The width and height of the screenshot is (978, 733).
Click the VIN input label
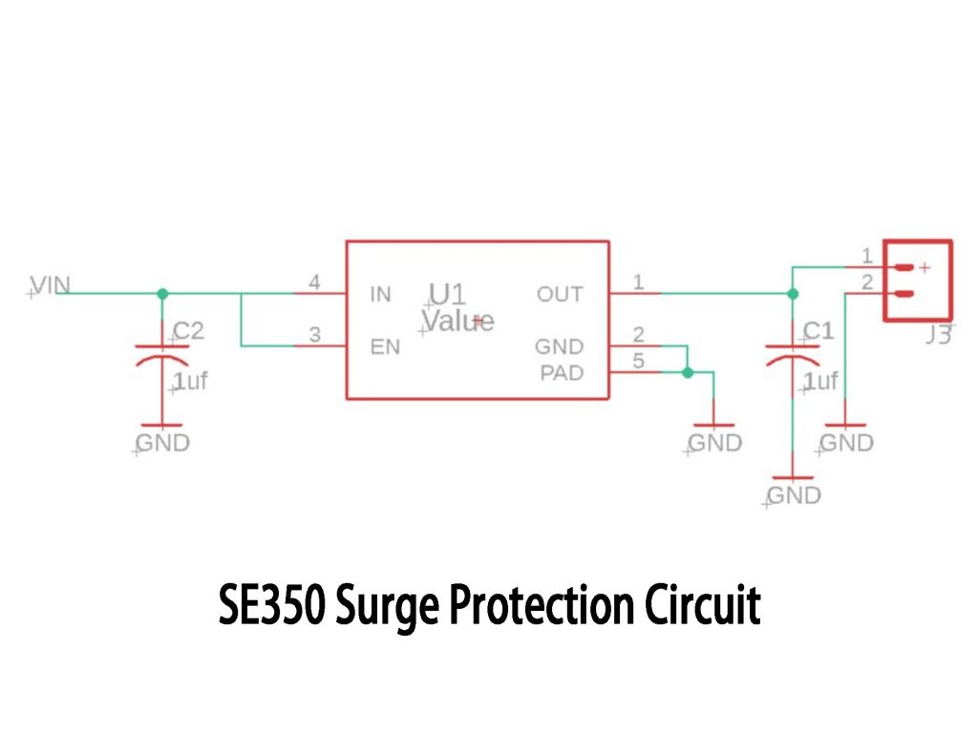point(50,284)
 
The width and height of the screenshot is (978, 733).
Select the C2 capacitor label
point(188,331)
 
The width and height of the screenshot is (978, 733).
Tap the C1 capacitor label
point(818,331)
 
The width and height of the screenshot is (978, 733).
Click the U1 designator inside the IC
point(447,293)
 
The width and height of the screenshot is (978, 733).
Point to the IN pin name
point(380,294)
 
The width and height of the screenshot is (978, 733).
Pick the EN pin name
point(384,346)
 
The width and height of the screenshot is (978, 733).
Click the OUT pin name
point(560,294)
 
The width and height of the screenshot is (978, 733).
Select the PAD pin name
point(561,373)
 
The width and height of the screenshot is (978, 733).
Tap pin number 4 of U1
point(314,282)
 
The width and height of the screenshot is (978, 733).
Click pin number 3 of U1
point(314,334)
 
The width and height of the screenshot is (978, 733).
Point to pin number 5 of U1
point(639,361)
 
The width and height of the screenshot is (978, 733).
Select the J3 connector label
point(938,336)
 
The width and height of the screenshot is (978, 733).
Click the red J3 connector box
point(918,280)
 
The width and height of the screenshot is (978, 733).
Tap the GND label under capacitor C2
point(162,443)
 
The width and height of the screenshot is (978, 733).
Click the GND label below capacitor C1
point(794,495)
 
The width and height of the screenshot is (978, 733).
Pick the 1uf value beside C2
point(190,382)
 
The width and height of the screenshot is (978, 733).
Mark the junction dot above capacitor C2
point(162,293)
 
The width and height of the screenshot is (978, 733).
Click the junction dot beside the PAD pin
point(688,373)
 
